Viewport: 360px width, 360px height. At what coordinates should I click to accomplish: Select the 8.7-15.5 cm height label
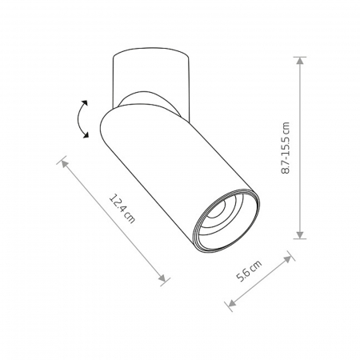[x=286, y=148]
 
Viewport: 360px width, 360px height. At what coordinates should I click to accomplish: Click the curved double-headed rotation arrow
[x=80, y=120]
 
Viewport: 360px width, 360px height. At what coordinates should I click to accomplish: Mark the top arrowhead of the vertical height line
[x=301, y=60]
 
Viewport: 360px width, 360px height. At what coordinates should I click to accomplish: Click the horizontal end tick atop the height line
[x=301, y=56]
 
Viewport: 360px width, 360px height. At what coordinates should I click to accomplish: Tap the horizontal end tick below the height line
[x=301, y=238]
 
